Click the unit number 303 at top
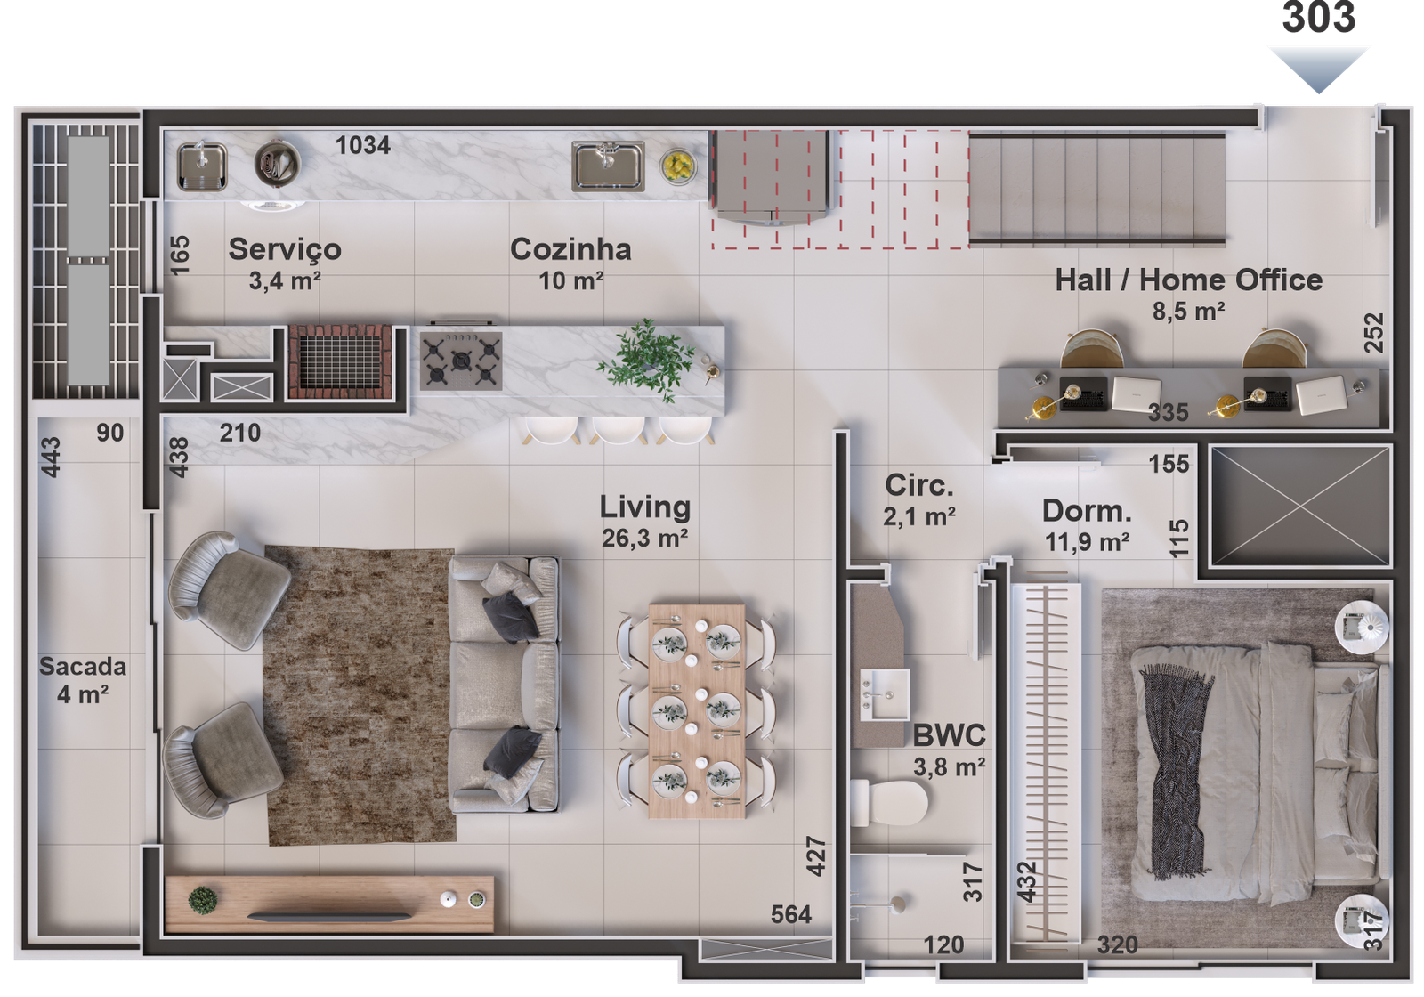[1319, 18]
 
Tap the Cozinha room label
[570, 250]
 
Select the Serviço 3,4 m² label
[285, 264]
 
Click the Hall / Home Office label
[1188, 280]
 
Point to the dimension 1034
[363, 145]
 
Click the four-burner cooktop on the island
[460, 361]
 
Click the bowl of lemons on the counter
[679, 166]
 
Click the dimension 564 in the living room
[791, 914]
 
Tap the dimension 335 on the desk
[1168, 413]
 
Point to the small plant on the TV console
[203, 899]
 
